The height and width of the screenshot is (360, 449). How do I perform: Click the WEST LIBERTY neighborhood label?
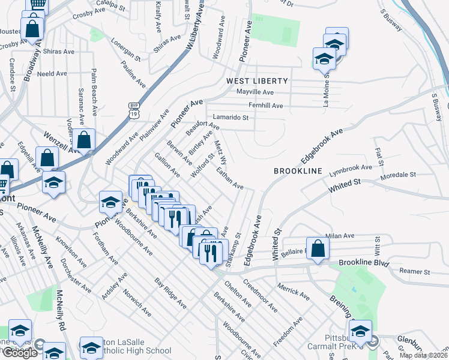pos(257,80)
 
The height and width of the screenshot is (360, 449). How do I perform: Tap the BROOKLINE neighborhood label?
pos(298,171)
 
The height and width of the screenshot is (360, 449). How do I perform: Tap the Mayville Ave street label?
pos(255,92)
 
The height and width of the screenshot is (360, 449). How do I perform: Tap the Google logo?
pos(20,353)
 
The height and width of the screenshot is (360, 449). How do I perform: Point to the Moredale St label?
pos(400,175)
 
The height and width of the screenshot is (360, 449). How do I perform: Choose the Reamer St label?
pos(415,272)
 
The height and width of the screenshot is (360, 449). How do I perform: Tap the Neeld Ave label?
pos(52,74)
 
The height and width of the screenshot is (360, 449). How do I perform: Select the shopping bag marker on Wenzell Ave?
pos(84,141)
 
